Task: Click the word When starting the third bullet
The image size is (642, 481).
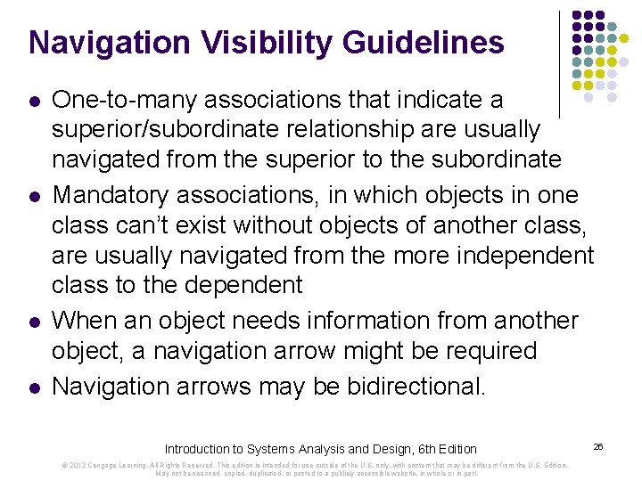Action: click(x=86, y=321)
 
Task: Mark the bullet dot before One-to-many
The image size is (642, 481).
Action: click(x=33, y=100)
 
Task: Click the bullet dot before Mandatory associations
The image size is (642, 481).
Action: click(x=33, y=195)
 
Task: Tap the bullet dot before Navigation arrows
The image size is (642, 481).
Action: click(x=33, y=387)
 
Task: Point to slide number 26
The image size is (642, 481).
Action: click(x=598, y=444)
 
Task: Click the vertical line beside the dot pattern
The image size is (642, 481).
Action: click(x=559, y=62)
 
